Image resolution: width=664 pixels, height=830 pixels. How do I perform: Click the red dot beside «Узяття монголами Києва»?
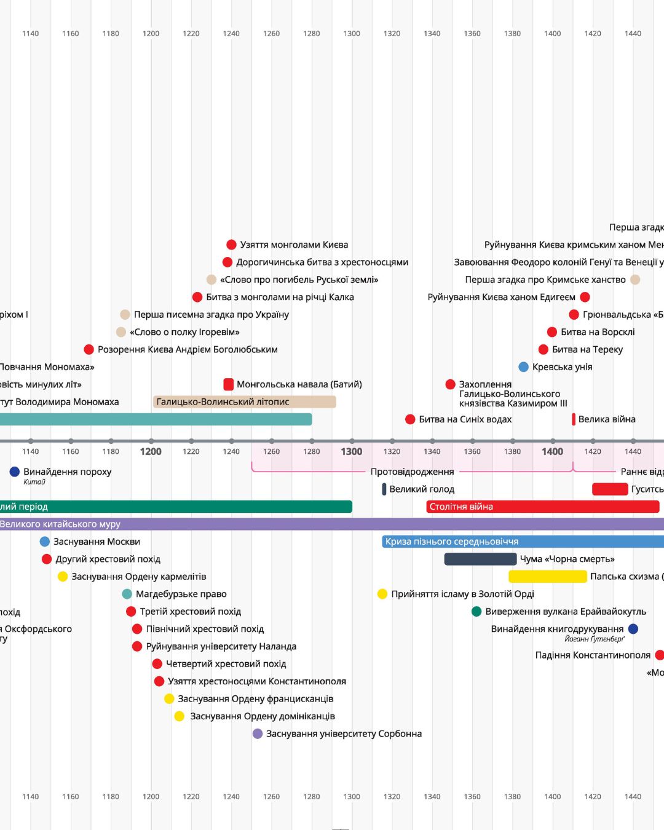tap(231, 245)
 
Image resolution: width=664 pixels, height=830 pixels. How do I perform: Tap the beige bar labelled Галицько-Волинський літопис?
tap(244, 402)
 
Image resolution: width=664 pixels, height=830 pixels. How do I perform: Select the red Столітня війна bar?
tap(542, 507)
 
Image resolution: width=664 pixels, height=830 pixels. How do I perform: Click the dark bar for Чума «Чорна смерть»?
tap(480, 559)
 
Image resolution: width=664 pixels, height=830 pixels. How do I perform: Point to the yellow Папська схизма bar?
tap(547, 577)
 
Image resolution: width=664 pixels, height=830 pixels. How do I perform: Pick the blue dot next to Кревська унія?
tap(523, 367)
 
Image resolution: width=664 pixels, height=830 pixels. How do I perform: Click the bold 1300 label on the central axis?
tap(352, 451)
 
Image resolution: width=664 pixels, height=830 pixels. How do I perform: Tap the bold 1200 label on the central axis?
tap(151, 451)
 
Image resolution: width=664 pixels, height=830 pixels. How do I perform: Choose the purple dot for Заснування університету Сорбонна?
tap(258, 733)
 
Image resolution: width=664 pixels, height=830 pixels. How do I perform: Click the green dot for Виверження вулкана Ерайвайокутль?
tap(476, 612)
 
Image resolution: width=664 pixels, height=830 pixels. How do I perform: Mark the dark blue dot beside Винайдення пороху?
tap(15, 472)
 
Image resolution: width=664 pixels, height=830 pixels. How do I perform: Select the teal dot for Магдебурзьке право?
tap(127, 594)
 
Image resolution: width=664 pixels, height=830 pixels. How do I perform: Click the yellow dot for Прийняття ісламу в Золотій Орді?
tap(382, 594)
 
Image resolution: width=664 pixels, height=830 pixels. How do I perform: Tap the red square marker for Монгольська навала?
tap(228, 384)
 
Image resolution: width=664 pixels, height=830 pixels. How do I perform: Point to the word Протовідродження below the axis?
tap(412, 472)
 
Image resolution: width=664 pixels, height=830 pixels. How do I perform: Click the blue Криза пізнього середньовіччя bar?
tap(523, 542)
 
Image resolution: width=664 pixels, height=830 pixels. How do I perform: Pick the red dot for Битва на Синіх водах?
tap(410, 419)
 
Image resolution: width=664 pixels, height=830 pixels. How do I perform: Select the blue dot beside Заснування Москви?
tap(44, 542)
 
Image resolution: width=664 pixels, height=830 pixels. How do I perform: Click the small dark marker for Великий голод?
tap(384, 489)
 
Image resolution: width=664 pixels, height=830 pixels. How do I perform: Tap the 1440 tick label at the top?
tap(633, 33)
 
